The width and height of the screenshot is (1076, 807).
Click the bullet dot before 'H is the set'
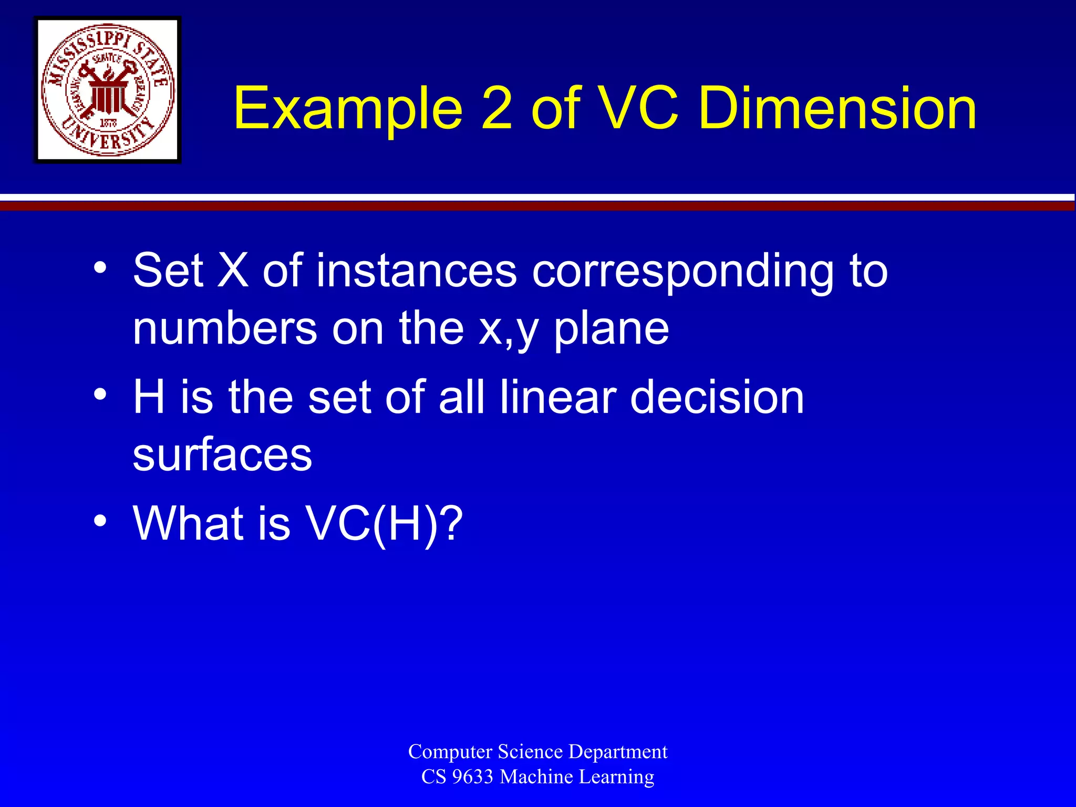coord(100,394)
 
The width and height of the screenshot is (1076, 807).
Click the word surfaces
coord(222,454)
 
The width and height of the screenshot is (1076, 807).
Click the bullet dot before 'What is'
coord(100,521)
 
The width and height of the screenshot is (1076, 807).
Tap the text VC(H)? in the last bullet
coord(384,523)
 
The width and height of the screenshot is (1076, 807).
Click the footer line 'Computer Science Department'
coord(537,751)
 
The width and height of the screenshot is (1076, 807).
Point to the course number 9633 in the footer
coord(472,777)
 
